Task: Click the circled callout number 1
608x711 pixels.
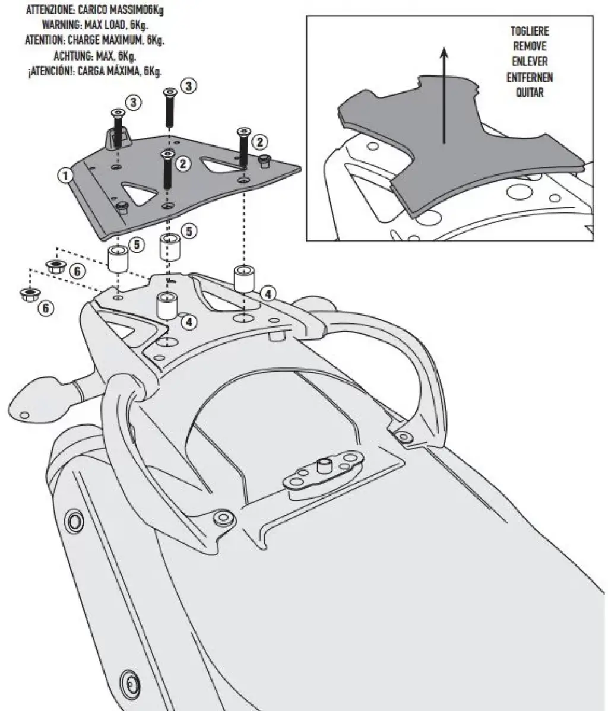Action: (65, 174)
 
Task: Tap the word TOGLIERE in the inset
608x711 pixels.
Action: (530, 31)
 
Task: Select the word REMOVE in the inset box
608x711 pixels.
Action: (530, 46)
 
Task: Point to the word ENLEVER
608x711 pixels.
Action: (530, 62)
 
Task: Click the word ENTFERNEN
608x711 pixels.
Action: (530, 77)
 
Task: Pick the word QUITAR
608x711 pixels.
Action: (530, 93)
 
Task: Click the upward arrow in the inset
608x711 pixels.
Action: (444, 95)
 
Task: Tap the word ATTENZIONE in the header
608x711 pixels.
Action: (50, 11)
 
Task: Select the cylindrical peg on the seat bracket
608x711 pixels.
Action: (325, 465)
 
